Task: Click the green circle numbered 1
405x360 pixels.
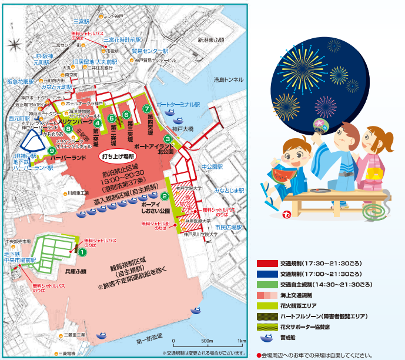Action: tap(83, 252)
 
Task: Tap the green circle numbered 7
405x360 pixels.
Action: tap(146, 109)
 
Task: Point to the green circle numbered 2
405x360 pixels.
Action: tap(165, 197)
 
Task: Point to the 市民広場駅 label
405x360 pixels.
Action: tap(228, 226)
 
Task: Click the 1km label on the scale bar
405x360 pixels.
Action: tap(240, 341)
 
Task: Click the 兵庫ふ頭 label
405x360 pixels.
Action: tap(75, 271)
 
